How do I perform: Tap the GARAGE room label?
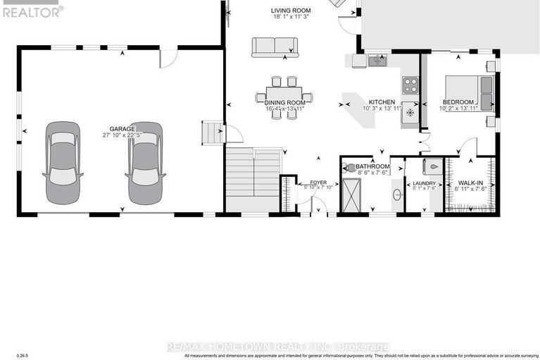click(122, 129)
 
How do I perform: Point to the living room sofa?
click(275, 46)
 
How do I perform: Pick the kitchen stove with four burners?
click(410, 86)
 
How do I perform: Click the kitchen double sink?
click(377, 61)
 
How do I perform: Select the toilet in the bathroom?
click(350, 168)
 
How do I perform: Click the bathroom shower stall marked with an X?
click(351, 194)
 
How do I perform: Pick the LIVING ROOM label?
click(291, 10)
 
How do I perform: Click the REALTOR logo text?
click(31, 11)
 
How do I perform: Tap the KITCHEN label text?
click(382, 101)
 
